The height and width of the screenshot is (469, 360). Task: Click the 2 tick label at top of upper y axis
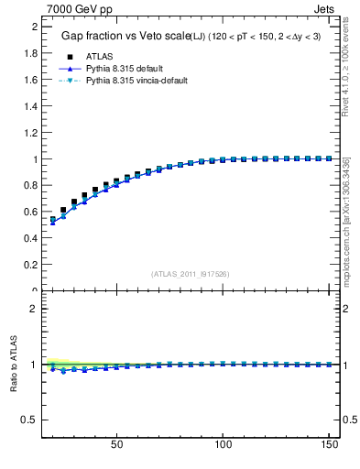(x=33, y=27)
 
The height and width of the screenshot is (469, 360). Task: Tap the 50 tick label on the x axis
(x=116, y=444)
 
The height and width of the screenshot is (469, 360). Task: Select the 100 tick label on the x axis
(x=223, y=444)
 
